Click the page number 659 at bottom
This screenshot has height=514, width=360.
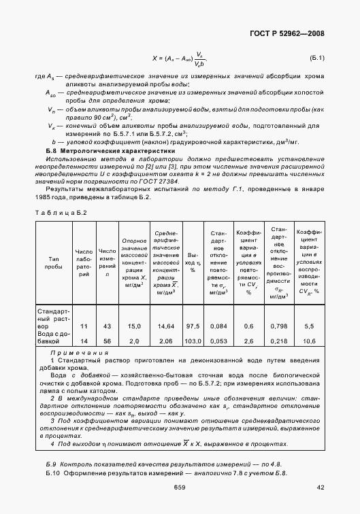(x=180, y=487)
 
